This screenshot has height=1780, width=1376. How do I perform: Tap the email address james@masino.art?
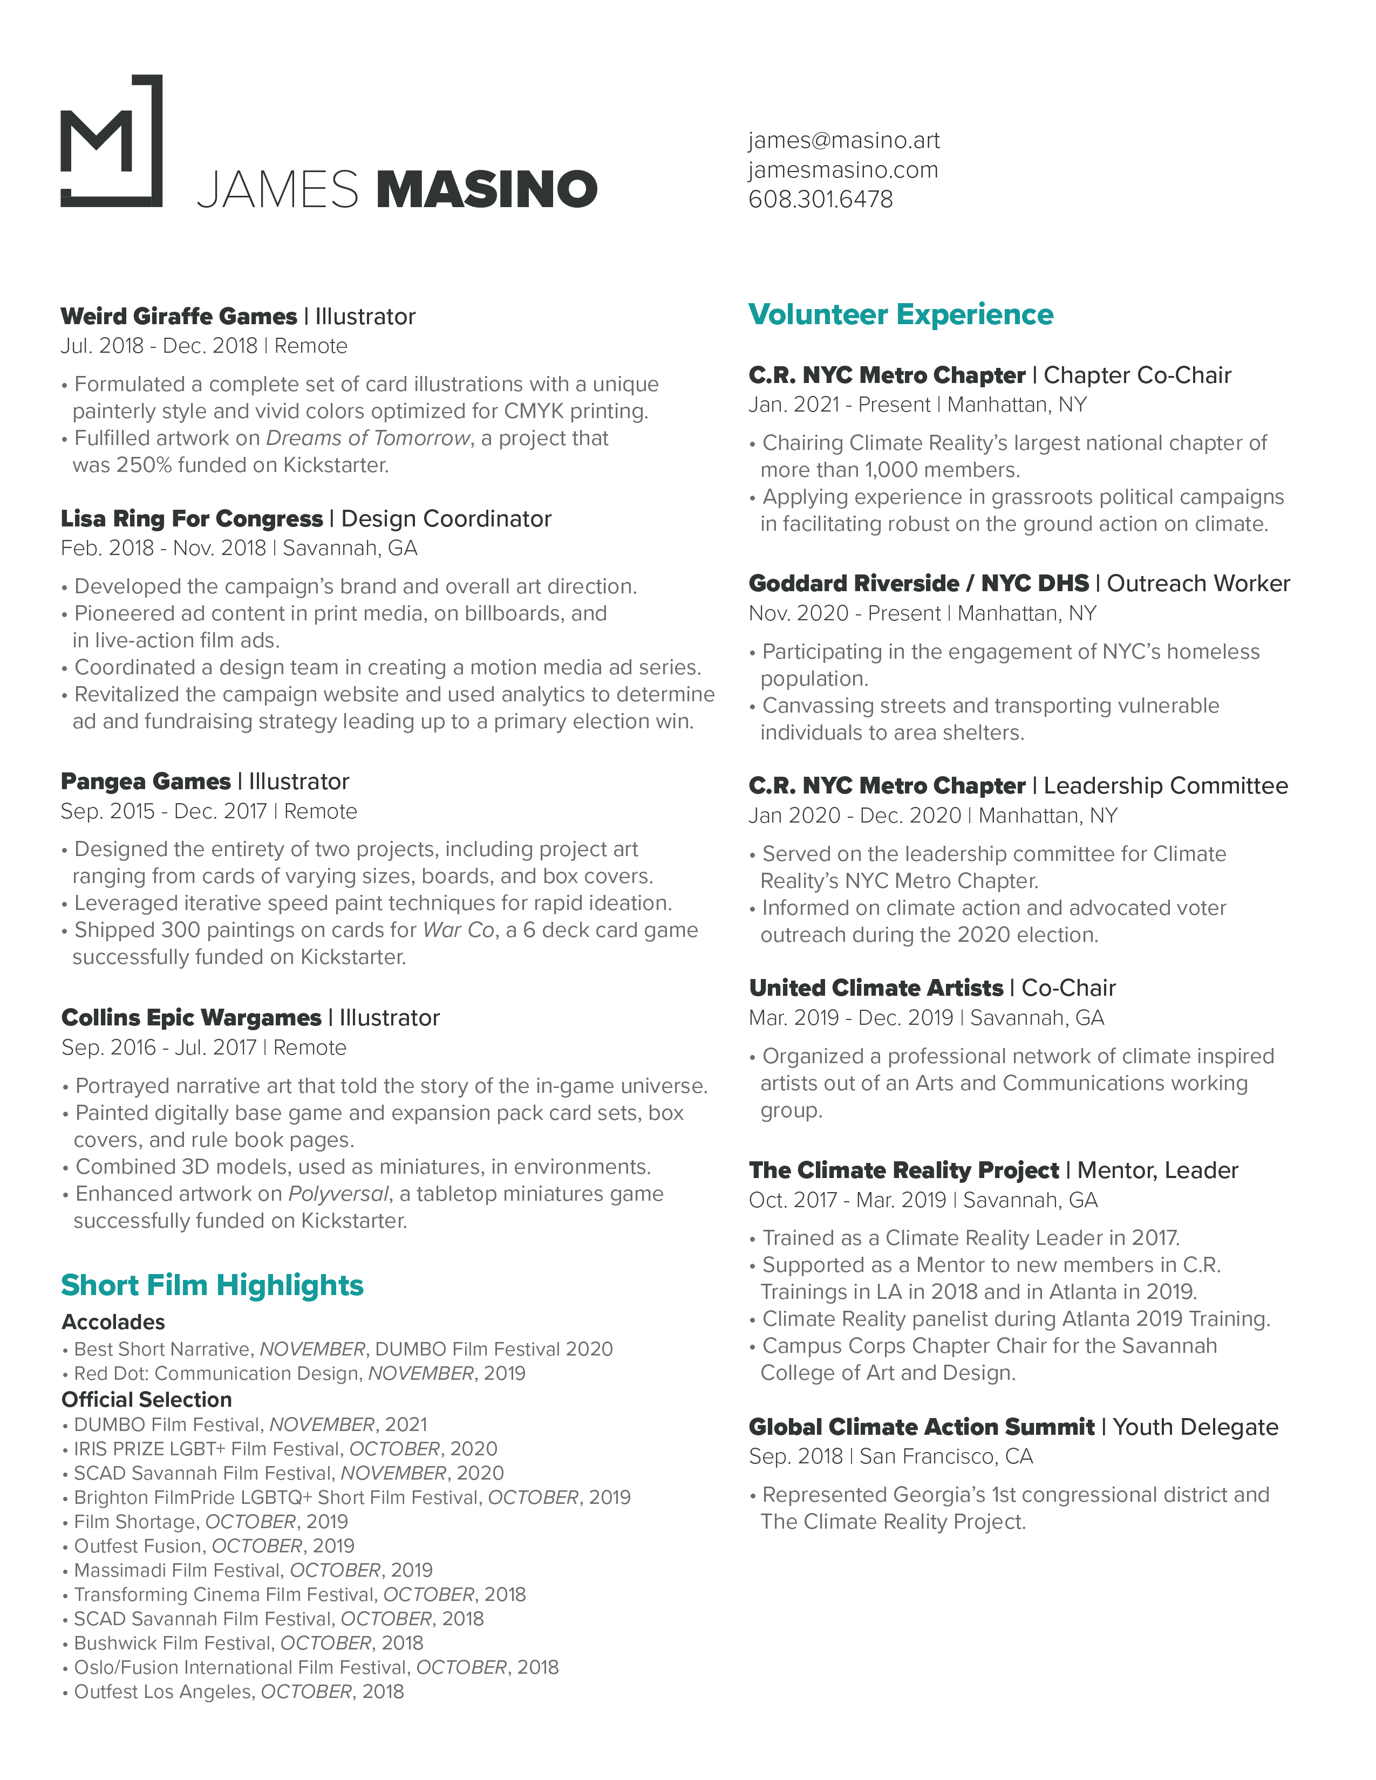tap(844, 140)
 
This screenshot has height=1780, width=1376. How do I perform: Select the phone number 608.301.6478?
tap(820, 199)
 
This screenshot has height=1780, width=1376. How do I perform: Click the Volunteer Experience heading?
tap(901, 314)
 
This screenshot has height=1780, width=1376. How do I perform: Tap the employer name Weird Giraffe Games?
tap(179, 316)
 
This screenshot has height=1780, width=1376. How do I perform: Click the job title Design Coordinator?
tap(446, 518)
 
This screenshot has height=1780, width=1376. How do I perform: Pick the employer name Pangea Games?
tap(146, 781)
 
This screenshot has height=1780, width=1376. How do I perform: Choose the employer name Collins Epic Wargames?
tap(192, 1017)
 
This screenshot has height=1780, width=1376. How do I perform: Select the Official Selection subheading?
tap(147, 1399)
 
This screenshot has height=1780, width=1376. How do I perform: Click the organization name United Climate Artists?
tap(875, 988)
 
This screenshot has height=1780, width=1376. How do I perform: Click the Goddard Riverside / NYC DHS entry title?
tap(919, 584)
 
